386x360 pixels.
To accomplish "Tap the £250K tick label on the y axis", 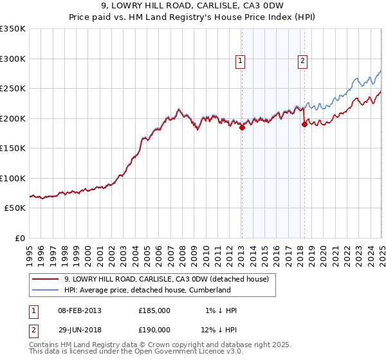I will pyautogui.click(x=13, y=88).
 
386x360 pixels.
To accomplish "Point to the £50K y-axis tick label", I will pyautogui.click(x=15, y=208).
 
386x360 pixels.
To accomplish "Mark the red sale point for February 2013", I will pyautogui.click(x=242, y=127).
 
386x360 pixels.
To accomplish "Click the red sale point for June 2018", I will pyautogui.click(x=304, y=125).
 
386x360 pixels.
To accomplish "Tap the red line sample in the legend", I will pyautogui.click(x=46, y=279).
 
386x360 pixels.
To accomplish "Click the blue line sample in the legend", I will pyautogui.click(x=46, y=290).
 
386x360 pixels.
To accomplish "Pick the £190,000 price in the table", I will pyautogui.click(x=154, y=331).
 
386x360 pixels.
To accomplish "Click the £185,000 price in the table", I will pyautogui.click(x=154, y=310).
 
